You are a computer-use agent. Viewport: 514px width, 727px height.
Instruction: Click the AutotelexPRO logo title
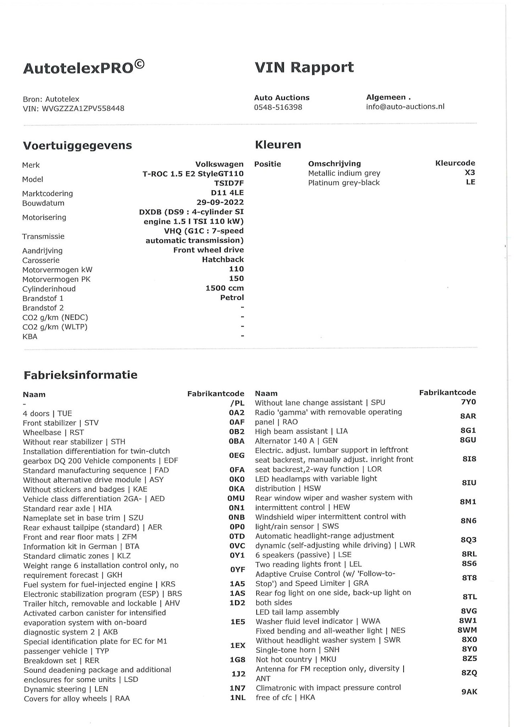[84, 67]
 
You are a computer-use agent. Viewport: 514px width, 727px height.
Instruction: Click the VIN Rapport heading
[304, 67]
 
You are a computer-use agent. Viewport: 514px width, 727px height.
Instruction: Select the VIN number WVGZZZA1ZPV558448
[83, 108]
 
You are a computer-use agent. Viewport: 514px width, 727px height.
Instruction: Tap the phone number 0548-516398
[278, 107]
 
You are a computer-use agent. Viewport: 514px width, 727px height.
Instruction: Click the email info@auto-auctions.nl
[405, 106]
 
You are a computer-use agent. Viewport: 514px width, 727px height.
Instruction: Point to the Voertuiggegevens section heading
[77, 145]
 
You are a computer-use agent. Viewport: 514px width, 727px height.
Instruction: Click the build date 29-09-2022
[220, 202]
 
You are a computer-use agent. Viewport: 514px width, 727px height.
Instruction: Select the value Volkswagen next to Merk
[219, 164]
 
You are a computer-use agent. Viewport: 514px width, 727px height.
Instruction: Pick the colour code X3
[470, 173]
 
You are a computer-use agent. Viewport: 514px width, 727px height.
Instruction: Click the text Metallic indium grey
[344, 173]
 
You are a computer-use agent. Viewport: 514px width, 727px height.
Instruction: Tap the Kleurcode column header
[455, 163]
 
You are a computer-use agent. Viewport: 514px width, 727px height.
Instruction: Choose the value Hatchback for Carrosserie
[223, 259]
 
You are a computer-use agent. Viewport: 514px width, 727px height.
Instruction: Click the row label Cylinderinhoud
[49, 289]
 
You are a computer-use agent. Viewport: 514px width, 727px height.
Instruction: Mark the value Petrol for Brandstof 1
[232, 298]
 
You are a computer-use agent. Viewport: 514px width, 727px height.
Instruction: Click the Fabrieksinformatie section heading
[80, 375]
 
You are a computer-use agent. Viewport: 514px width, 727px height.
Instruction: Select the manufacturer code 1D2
[237, 603]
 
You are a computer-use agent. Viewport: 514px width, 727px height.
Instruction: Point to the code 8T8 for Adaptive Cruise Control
[469, 578]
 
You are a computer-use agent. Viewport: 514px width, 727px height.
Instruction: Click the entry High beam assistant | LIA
[301, 431]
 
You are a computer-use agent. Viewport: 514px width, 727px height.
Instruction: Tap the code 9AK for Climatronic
[469, 692]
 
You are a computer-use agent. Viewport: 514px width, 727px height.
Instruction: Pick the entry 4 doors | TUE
[47, 414]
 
